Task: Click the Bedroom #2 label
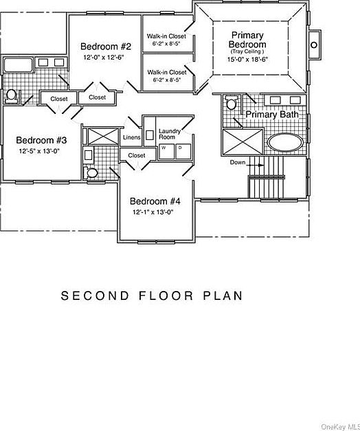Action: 106,47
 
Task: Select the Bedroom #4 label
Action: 155,201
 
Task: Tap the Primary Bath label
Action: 273,115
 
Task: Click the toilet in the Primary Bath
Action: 232,104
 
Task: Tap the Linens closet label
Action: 132,137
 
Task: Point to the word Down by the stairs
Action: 238,163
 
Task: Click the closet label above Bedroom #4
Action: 137,156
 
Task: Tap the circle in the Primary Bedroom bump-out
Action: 313,45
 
